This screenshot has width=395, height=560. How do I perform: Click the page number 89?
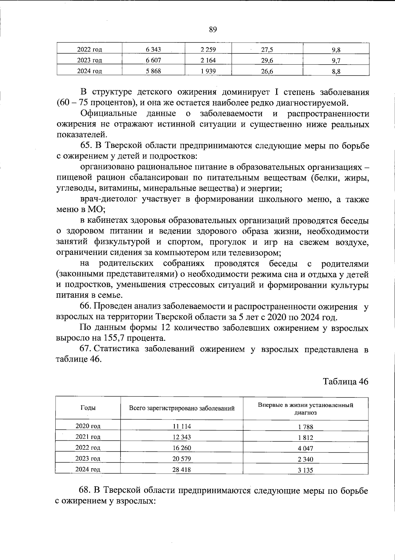(x=213, y=30)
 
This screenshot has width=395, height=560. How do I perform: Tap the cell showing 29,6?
(x=267, y=60)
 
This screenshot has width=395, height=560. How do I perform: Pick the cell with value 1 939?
(x=208, y=71)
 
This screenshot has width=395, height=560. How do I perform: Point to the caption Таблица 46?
(x=345, y=381)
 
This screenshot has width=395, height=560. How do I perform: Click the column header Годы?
(x=88, y=408)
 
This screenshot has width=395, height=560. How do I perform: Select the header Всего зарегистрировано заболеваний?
(x=182, y=408)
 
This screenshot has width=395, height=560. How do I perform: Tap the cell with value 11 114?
(x=182, y=426)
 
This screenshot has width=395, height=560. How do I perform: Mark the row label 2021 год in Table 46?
(x=88, y=437)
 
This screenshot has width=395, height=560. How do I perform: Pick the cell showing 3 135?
(x=305, y=470)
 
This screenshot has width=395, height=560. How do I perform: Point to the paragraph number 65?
(x=85, y=146)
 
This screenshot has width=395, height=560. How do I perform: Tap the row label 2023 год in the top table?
(x=89, y=60)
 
